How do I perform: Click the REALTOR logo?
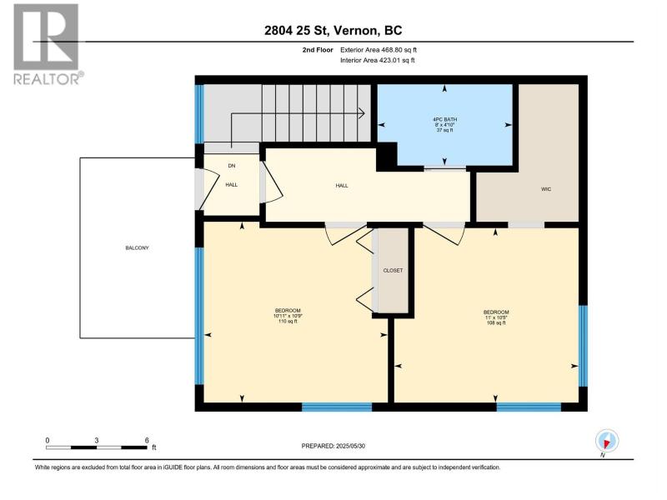pyautogui.click(x=47, y=44)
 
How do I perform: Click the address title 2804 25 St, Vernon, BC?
pyautogui.click(x=333, y=30)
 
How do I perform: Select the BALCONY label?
pyautogui.click(x=137, y=247)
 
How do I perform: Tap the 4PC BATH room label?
pyautogui.click(x=445, y=119)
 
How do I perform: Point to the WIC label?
pyautogui.click(x=546, y=189)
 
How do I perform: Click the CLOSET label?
pyautogui.click(x=393, y=270)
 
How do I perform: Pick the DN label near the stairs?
pyautogui.click(x=232, y=166)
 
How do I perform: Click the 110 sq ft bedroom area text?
pyautogui.click(x=288, y=322)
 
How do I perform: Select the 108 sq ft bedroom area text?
pyautogui.click(x=496, y=322)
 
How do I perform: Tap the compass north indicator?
pyautogui.click(x=607, y=442)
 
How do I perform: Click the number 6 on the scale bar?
pyautogui.click(x=147, y=441)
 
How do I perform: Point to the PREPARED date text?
pyautogui.click(x=333, y=446)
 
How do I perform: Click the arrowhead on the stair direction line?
pyautogui.click(x=362, y=113)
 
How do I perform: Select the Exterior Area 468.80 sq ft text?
pyautogui.click(x=379, y=50)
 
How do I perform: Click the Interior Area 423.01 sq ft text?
pyautogui.click(x=378, y=60)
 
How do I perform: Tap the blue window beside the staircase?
pyautogui.click(x=199, y=113)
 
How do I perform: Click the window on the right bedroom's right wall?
pyautogui.click(x=583, y=346)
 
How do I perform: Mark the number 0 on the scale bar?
pyautogui.click(x=48, y=441)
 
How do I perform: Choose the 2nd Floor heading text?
pyautogui.click(x=318, y=50)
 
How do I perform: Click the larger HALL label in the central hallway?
pyautogui.click(x=342, y=186)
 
